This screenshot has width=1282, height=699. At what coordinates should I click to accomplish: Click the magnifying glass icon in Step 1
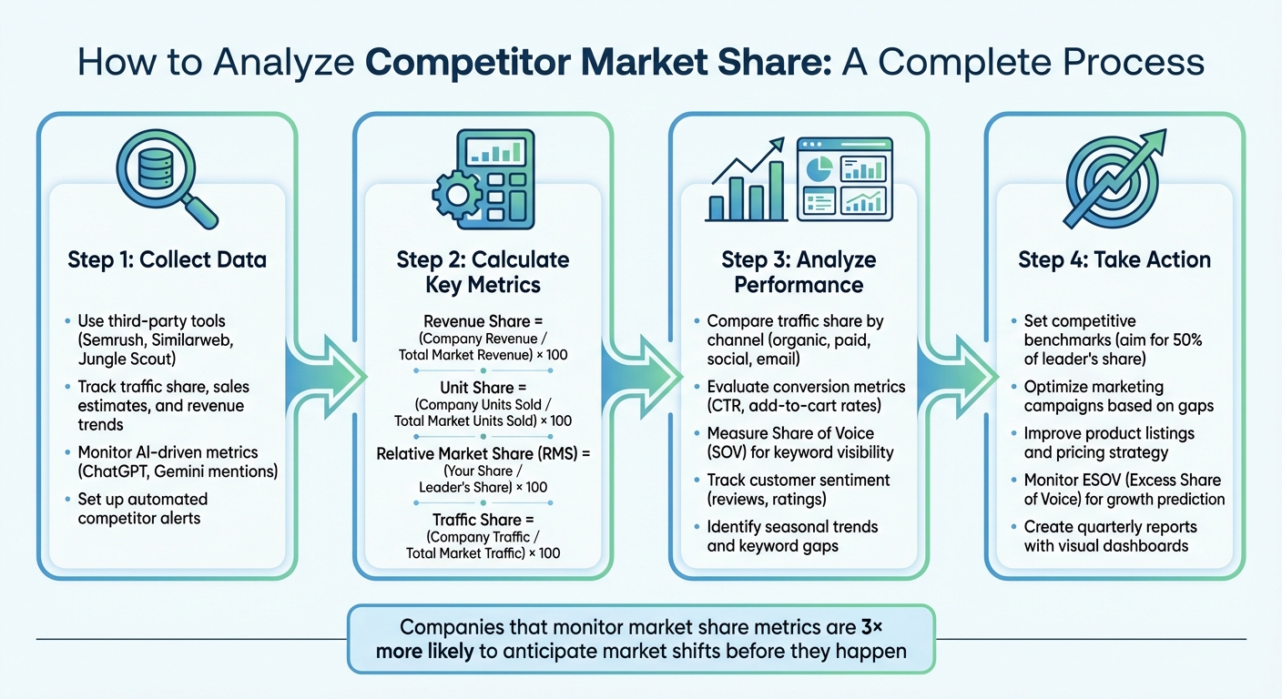click(x=166, y=177)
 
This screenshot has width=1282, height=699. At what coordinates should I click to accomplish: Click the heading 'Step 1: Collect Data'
click(x=167, y=260)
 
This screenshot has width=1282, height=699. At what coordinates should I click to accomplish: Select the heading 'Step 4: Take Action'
click(x=1114, y=260)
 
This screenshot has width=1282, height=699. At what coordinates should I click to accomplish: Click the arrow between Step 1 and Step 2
click(x=325, y=373)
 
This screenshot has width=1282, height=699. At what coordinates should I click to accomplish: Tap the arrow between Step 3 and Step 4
click(x=957, y=373)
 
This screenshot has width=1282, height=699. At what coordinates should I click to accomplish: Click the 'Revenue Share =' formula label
click(x=483, y=321)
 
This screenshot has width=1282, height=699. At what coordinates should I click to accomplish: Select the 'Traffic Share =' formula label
click(x=483, y=520)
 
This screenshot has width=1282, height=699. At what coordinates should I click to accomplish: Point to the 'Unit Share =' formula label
click(x=483, y=388)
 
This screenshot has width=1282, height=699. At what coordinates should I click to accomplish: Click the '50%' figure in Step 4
click(x=1185, y=340)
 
